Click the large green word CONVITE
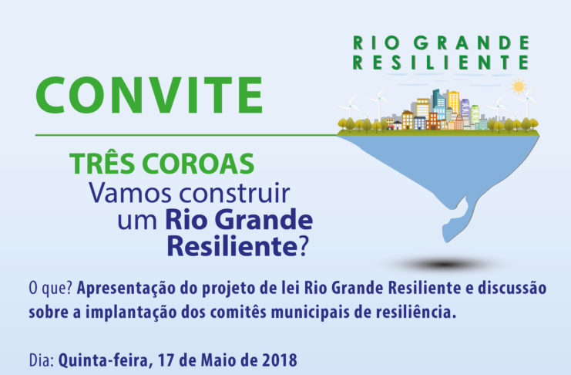[149, 95]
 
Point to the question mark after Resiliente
[304, 246]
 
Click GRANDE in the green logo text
[472, 42]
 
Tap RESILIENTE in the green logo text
[441, 62]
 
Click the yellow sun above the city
[518, 86]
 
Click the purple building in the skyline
[465, 107]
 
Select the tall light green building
[475, 114]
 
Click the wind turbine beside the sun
[527, 102]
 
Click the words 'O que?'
[51, 288]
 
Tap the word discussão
[512, 288]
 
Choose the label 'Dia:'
[42, 360]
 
